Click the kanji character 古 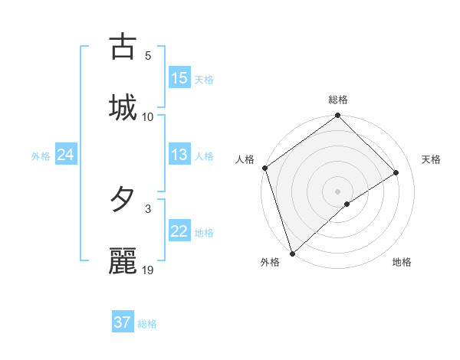click(x=123, y=47)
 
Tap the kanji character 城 click(x=123, y=107)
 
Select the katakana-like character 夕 click(x=123, y=200)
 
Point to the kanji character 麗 click(x=123, y=261)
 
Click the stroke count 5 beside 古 click(x=148, y=55)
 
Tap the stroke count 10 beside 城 click(x=148, y=116)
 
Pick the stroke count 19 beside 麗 click(x=148, y=270)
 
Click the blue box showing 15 click(x=179, y=78)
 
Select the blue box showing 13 click(x=179, y=155)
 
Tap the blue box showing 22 click(x=179, y=231)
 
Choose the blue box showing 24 click(x=66, y=155)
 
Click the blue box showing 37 click(x=123, y=322)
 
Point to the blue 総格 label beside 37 click(x=147, y=324)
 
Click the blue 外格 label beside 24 click(x=41, y=156)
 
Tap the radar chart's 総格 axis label click(x=338, y=100)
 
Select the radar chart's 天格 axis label click(x=432, y=159)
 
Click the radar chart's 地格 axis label click(x=402, y=263)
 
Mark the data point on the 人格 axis click(x=264, y=168)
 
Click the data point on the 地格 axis click(x=347, y=204)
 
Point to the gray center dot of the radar click(x=338, y=191)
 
